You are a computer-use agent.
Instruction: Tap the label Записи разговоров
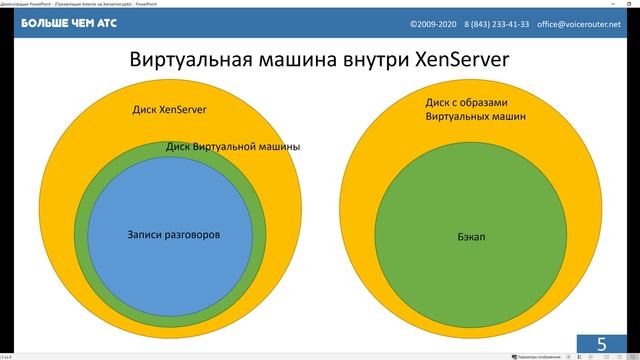174,235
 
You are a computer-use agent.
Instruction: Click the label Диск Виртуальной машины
233,147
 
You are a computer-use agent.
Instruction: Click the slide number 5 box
602,344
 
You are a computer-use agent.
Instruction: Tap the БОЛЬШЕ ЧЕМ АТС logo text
63,22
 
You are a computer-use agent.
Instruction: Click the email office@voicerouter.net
586,22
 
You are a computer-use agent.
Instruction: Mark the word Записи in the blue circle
146,235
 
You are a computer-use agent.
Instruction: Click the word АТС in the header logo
107,22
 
